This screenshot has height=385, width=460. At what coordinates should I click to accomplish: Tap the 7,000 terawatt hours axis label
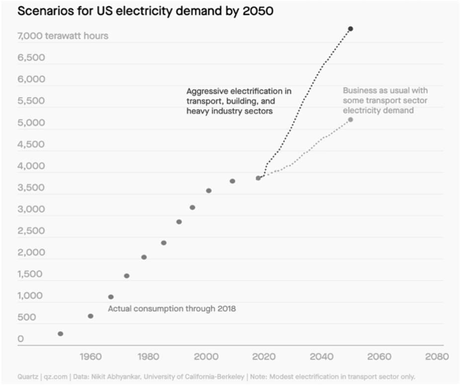click(x=63, y=36)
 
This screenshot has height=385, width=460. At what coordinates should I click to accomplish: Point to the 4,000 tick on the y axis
click(x=31, y=166)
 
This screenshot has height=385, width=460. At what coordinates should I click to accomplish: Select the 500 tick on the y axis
click(x=27, y=318)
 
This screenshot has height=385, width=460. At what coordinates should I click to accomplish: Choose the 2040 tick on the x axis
click(x=321, y=357)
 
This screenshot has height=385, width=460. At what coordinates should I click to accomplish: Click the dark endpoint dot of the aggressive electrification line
click(x=350, y=29)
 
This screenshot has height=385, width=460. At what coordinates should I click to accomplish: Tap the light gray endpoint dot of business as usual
click(x=350, y=120)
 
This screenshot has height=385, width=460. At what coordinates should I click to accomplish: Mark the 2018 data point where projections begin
click(x=258, y=178)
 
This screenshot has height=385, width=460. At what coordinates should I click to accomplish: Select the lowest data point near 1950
click(x=61, y=334)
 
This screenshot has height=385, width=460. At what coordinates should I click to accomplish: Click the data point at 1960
click(x=90, y=316)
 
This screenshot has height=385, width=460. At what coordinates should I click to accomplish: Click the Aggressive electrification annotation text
click(x=238, y=101)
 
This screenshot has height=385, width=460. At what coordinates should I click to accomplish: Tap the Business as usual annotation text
click(x=385, y=100)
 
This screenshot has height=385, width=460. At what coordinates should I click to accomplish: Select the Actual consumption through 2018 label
click(x=172, y=309)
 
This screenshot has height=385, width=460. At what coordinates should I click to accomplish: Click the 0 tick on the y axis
click(x=21, y=339)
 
